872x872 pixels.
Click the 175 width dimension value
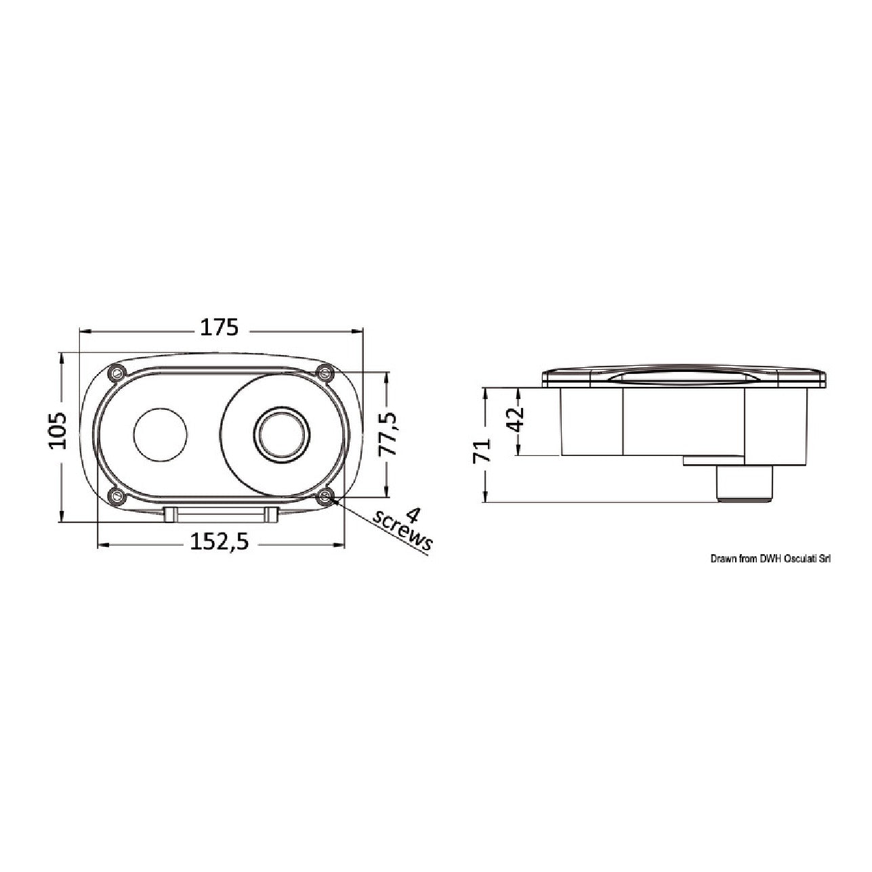(x=219, y=327)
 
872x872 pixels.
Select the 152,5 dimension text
(x=219, y=541)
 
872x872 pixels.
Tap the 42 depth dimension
(x=516, y=420)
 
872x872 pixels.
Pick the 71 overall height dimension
(x=482, y=449)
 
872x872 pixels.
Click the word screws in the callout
(x=402, y=535)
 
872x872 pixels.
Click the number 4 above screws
(x=412, y=516)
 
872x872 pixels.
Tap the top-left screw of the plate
(x=118, y=373)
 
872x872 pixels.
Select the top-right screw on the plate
(x=324, y=373)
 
